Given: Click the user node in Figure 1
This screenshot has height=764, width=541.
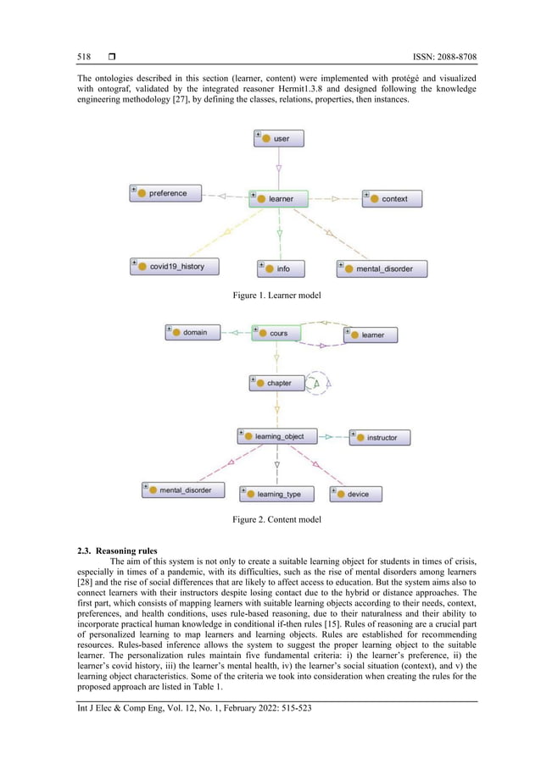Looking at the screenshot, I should [278, 138].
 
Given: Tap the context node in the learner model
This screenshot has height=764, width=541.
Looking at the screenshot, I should [391, 198].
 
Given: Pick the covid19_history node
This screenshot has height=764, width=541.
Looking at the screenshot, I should [173, 266].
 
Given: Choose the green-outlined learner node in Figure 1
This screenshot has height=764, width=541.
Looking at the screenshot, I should [278, 198].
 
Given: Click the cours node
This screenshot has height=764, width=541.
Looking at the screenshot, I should [276, 333].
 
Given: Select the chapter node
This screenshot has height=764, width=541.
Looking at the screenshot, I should [276, 383].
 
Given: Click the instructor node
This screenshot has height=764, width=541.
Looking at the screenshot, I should [383, 438].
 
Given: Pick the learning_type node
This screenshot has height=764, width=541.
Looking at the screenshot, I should [276, 493].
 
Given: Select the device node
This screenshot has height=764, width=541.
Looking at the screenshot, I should [354, 493].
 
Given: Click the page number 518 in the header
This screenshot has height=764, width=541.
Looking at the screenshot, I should [84, 57].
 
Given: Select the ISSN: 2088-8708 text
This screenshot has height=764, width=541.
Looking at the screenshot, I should [436, 57].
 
